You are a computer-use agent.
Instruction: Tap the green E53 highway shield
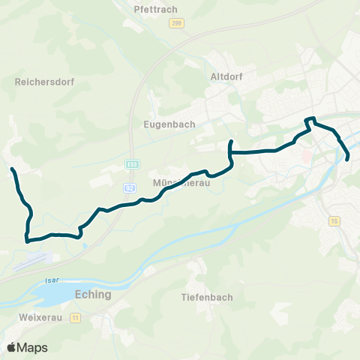pos(132,163)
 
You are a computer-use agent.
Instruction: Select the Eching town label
pos(94,295)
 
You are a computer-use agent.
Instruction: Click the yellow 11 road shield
pos(75,319)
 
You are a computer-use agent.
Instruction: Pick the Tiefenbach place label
pos(207,298)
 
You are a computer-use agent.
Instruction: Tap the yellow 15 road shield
pos(334,220)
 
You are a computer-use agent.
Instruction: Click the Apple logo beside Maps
pos(12,347)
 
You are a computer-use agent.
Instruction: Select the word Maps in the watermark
pos(33,347)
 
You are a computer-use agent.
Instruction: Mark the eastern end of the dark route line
pos(349,157)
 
